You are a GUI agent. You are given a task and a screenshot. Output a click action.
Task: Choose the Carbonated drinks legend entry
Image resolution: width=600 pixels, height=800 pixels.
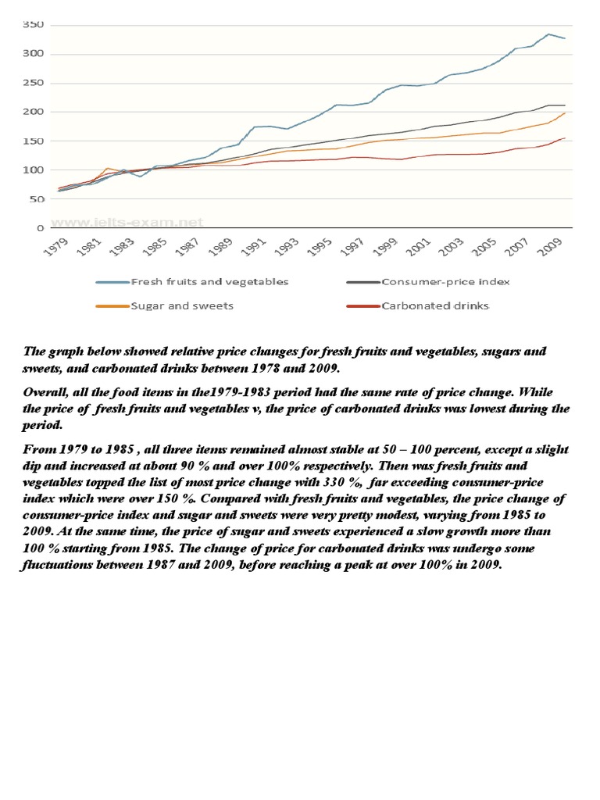click(x=435, y=305)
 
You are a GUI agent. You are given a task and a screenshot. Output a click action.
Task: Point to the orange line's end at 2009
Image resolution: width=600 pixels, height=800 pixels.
click(x=565, y=113)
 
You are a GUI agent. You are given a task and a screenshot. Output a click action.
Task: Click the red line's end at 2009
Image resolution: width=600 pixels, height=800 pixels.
click(x=565, y=138)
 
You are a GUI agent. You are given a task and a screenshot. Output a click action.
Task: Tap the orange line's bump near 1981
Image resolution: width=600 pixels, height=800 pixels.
click(x=107, y=168)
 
